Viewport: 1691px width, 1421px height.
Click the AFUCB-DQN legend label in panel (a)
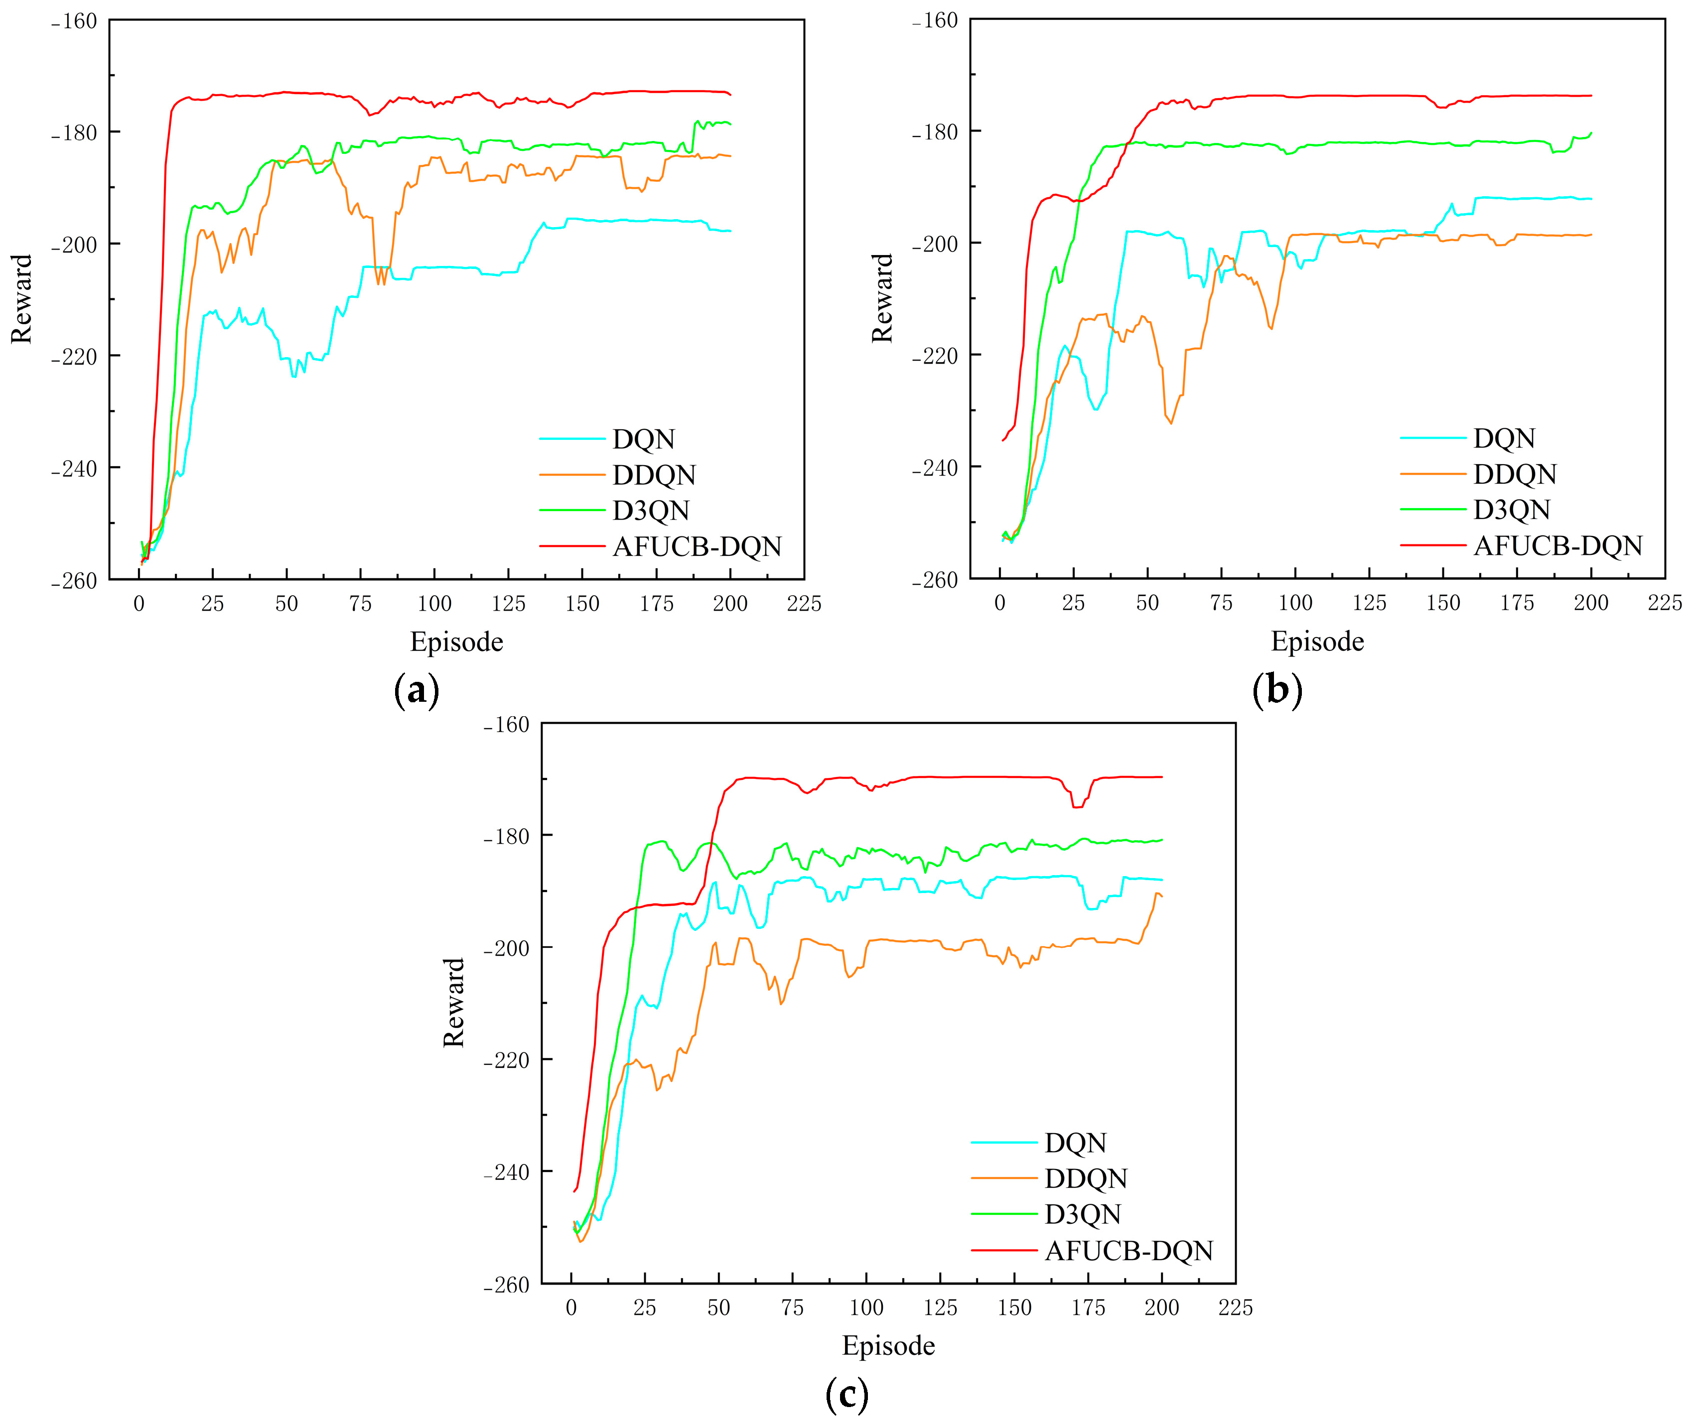697,546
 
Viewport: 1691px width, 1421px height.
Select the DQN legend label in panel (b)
1504,438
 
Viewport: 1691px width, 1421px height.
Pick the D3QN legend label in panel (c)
1082,1213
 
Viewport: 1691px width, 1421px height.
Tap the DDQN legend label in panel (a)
653,475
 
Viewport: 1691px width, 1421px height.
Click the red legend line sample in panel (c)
1004,1250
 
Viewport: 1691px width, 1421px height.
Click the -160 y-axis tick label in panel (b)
935,21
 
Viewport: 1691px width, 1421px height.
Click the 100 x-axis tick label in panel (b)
1294,603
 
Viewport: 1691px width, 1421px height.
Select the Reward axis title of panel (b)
882,298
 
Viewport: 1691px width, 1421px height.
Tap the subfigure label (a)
417,690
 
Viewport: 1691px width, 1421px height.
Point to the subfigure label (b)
1277,690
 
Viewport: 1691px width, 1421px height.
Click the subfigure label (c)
846,1394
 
